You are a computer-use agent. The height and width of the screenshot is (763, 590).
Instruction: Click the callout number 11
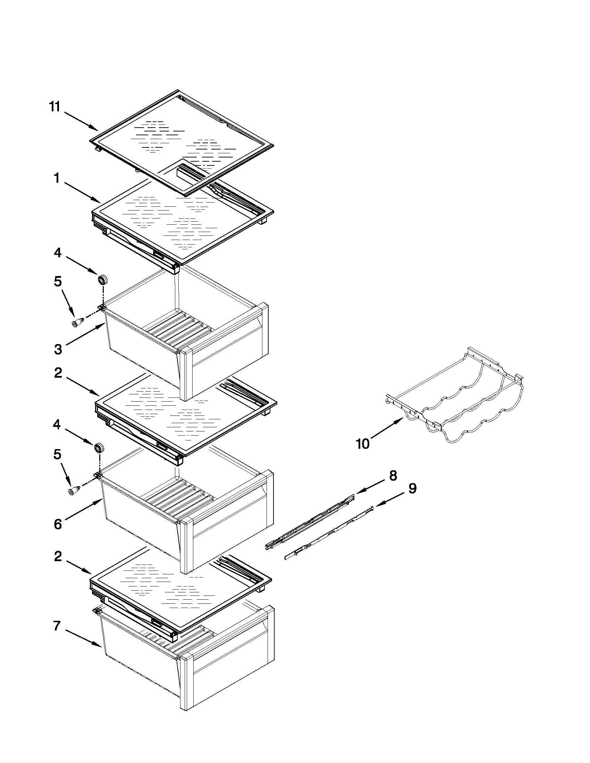point(54,106)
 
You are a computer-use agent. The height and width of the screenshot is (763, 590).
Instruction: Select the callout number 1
point(57,179)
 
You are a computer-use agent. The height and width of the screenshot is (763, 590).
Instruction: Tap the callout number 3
point(58,349)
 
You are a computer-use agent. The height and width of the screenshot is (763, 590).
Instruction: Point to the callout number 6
point(58,524)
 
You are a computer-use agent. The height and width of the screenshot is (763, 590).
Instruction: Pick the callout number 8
point(393,475)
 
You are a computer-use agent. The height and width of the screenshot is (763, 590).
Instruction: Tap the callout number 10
point(363,444)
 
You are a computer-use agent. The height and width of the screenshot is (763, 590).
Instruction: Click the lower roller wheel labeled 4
point(99,447)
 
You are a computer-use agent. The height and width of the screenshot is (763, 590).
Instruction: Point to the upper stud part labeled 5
point(78,323)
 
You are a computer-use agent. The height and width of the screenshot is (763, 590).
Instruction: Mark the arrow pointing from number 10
point(387,429)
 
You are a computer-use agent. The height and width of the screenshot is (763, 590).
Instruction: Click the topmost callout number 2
point(58,373)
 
